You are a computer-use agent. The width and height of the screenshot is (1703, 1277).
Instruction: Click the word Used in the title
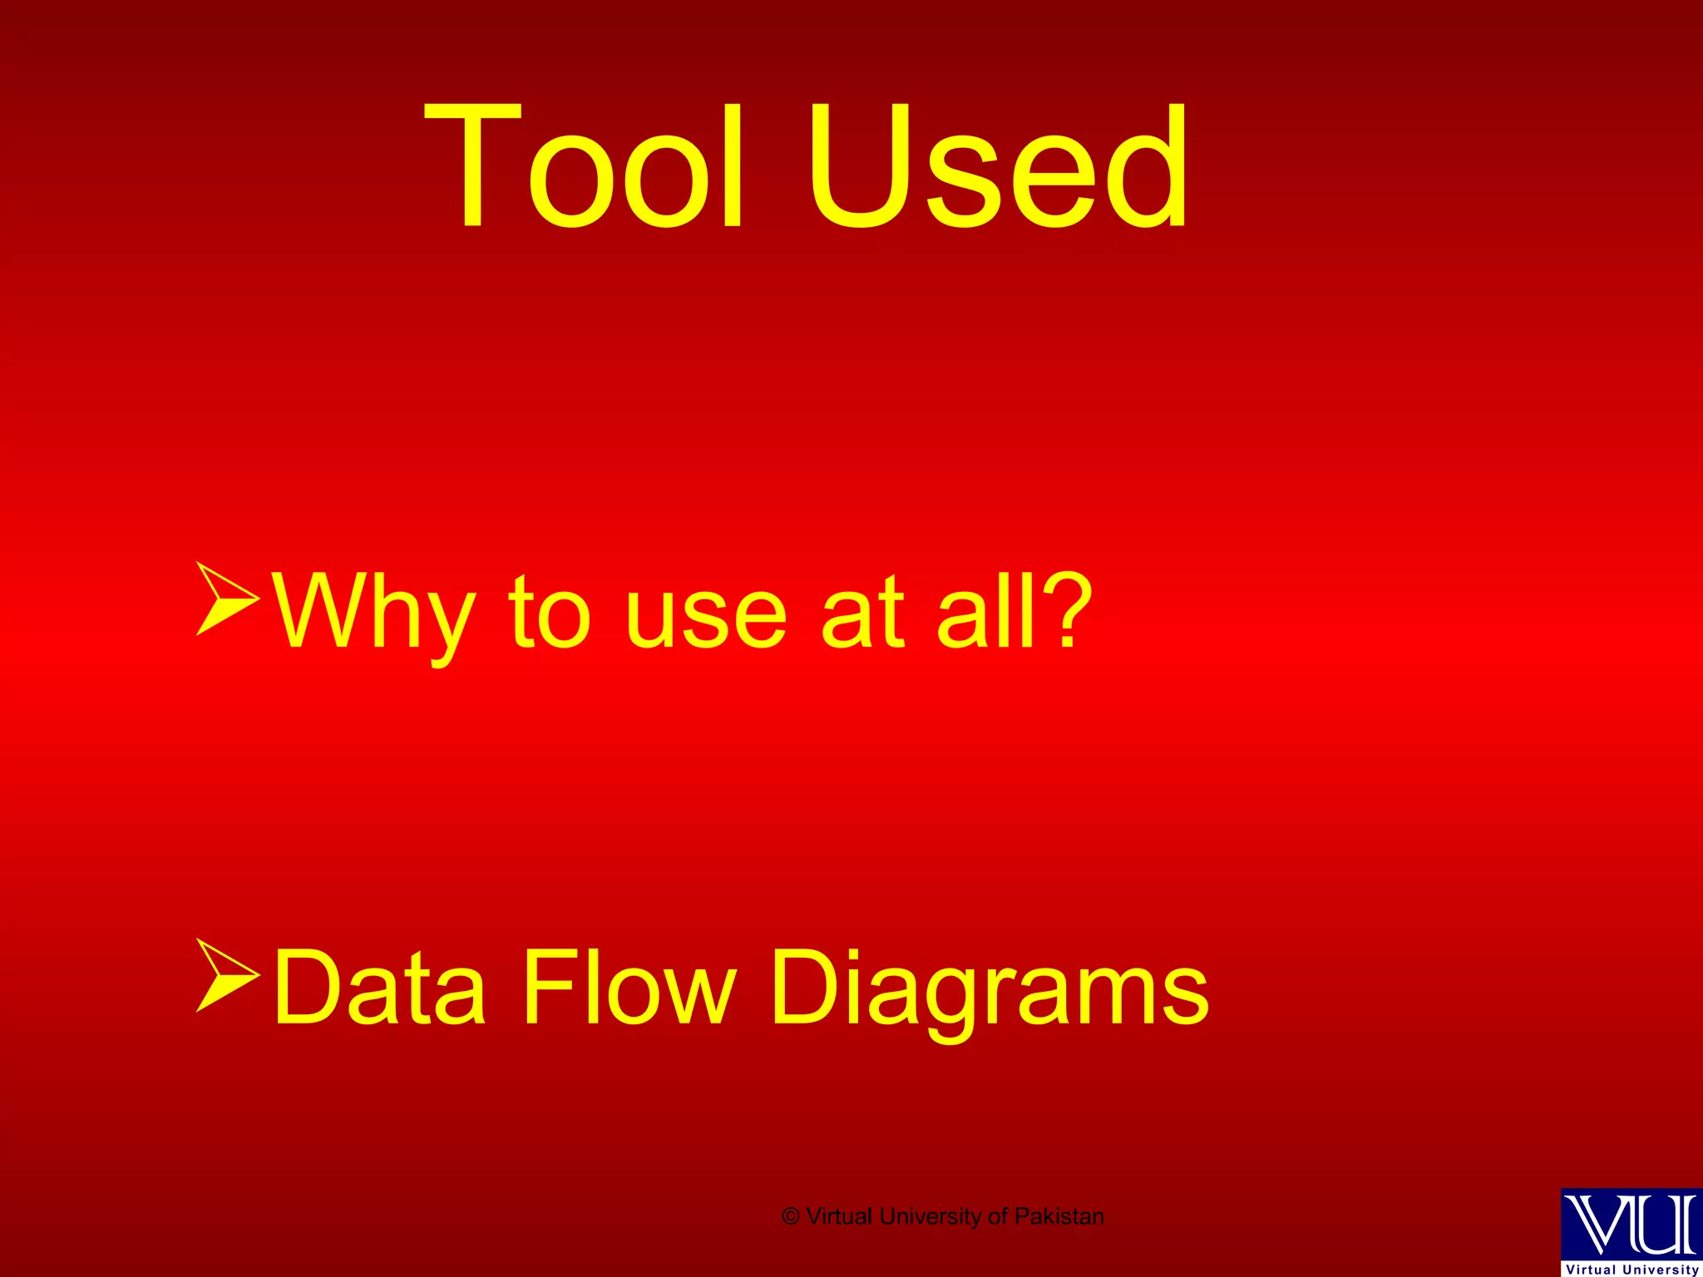[998, 166]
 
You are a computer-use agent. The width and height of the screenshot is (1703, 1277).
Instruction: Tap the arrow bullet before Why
[227, 599]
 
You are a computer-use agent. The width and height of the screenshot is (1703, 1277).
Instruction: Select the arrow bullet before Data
[227, 974]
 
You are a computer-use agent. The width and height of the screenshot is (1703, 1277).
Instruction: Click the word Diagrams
[989, 989]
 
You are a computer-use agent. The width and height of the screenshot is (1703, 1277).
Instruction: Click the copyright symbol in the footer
[791, 1216]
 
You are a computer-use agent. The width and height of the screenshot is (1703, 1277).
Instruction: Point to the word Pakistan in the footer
[1059, 1216]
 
